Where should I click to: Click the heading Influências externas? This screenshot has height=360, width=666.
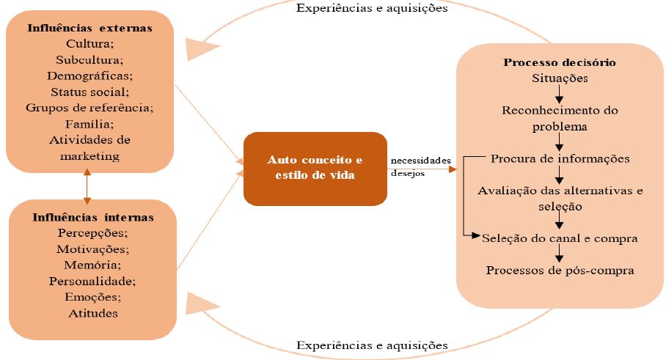point(89,29)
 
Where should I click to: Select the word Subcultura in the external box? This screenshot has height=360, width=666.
point(89,60)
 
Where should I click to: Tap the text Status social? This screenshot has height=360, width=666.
point(89,92)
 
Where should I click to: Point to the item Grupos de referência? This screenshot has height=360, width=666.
point(89,108)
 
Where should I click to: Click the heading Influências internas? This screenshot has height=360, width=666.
point(92,218)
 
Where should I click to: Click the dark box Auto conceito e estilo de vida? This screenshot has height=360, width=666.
point(315,168)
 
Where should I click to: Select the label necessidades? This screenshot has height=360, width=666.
point(420,161)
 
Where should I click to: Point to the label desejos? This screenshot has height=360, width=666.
point(407,174)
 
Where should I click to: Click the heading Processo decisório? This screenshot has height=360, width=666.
point(559,62)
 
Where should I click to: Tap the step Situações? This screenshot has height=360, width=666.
point(559,78)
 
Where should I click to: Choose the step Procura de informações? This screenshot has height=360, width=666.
point(560,158)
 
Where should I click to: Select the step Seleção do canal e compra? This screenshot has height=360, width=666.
point(560,238)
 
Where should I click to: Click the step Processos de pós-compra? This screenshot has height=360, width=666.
point(560,271)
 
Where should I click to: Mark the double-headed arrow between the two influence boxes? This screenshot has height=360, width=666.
point(87,186)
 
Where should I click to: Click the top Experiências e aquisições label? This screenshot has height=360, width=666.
point(372,9)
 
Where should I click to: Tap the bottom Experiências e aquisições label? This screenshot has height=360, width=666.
point(372,345)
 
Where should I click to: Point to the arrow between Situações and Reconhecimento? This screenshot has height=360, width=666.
point(560,93)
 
